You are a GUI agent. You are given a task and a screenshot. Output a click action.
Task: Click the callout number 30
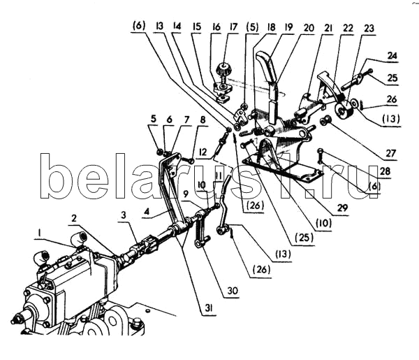coord(233,291)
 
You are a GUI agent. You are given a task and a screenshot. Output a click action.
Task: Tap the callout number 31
coord(209,308)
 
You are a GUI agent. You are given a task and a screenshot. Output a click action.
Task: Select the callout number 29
coord(343,208)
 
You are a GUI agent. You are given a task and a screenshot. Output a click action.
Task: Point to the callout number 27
coord(390,153)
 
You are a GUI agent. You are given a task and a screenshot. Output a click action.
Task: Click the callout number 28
coord(385,171)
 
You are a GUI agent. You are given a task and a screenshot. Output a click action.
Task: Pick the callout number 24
coord(392,56)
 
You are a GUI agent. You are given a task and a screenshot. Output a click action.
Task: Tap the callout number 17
coord(233,27)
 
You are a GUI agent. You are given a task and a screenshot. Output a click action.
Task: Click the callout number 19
coord(288,27)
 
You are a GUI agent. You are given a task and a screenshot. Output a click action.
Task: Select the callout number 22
coord(348,28)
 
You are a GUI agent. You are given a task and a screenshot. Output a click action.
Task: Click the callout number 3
coord(123,215)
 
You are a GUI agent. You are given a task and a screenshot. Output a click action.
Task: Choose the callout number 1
coord(39,233)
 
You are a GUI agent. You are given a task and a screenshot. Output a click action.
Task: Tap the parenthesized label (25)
coord(304,238)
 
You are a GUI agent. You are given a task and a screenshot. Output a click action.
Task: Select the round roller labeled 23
coord(344,110)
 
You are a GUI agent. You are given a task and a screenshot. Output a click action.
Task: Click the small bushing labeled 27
coord(325,122)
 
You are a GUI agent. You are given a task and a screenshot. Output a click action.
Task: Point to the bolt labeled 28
coord(321,156)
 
